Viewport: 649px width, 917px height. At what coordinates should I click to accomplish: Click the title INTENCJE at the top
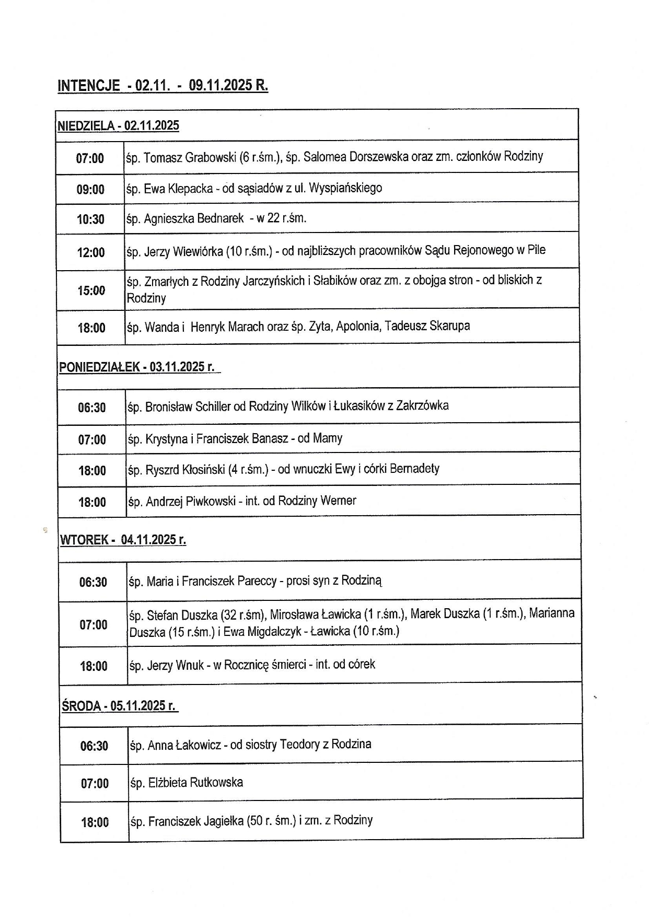(x=88, y=86)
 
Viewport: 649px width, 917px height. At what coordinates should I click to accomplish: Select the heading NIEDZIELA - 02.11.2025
(x=118, y=125)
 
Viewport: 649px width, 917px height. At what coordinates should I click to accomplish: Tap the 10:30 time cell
(x=90, y=219)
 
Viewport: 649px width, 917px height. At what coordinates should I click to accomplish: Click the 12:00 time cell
(x=91, y=253)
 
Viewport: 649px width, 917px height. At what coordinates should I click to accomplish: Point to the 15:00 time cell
(x=91, y=291)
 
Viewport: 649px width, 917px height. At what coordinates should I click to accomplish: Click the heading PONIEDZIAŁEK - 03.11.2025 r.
(x=137, y=367)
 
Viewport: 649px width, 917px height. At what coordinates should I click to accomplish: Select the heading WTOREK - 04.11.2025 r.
(x=123, y=540)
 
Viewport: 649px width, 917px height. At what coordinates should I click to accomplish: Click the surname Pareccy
(x=257, y=581)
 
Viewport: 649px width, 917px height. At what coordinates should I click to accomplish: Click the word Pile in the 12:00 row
(x=536, y=250)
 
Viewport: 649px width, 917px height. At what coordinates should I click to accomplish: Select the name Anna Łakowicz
(x=184, y=745)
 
